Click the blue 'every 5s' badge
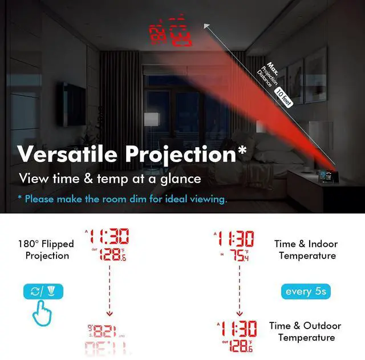click(x=306, y=292)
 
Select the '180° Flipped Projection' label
click(x=47, y=250)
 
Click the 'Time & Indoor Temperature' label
click(x=306, y=250)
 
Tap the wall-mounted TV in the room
click(x=74, y=104)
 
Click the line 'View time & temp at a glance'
click(x=110, y=179)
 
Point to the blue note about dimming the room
click(x=123, y=199)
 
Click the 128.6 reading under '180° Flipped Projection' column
click(x=112, y=254)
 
